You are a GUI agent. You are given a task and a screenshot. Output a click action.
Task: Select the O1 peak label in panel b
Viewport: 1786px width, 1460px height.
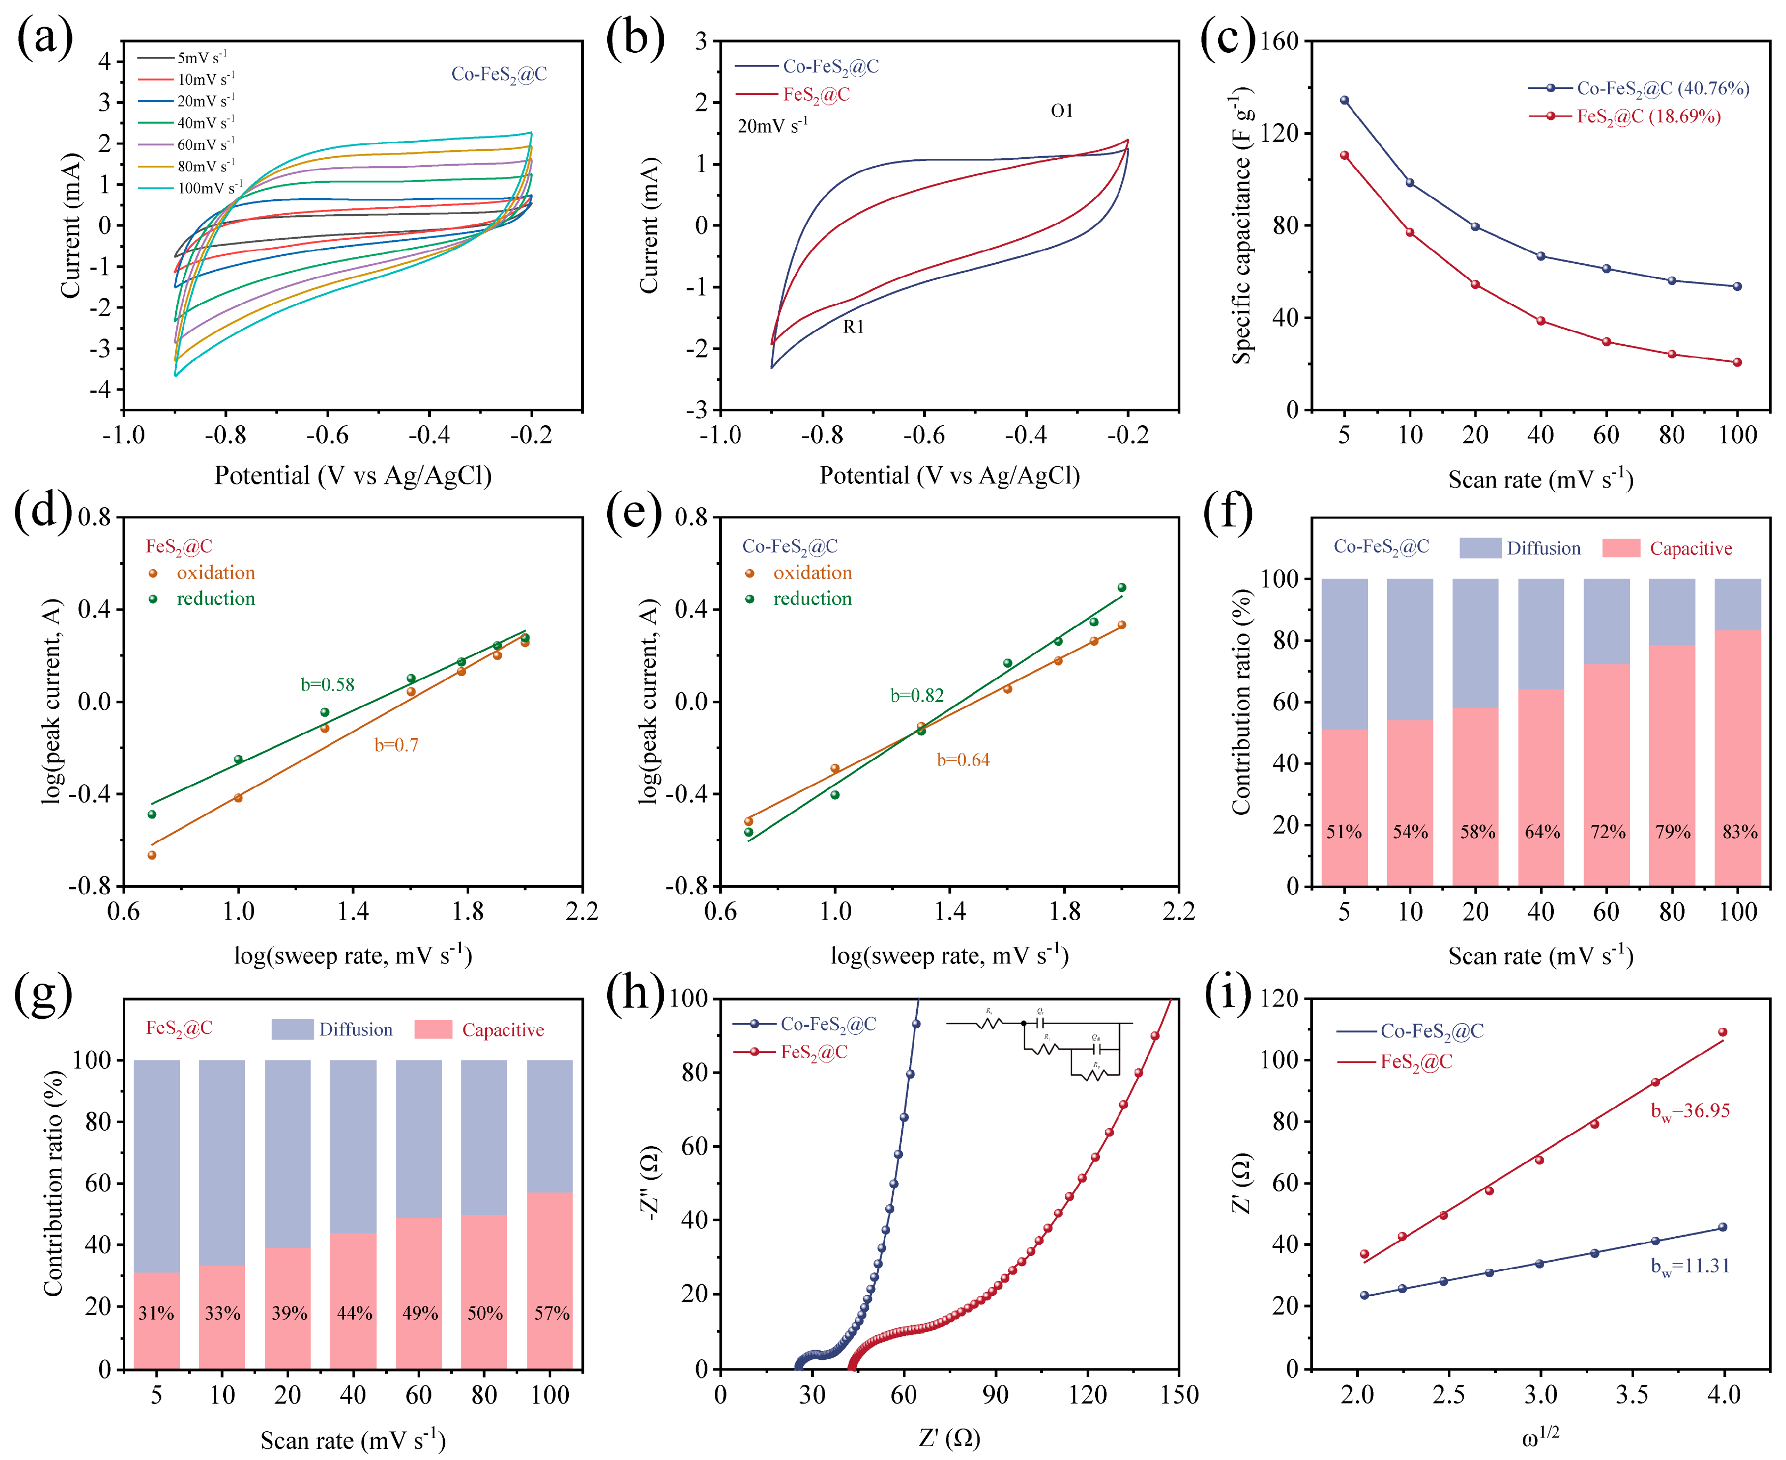1062,111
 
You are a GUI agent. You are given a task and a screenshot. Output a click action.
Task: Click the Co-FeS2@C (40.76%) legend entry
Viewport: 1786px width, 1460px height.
1640,88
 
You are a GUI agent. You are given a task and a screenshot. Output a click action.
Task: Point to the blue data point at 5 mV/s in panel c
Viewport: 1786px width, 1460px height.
1344,100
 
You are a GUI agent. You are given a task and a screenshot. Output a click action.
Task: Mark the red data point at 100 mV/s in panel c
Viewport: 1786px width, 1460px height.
1737,362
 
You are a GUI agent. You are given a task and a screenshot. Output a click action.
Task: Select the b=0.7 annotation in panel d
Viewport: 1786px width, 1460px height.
396,745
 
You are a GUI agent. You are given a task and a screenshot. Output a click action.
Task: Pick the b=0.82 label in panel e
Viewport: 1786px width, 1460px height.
917,695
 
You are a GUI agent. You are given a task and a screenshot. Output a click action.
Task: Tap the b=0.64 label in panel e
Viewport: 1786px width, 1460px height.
963,760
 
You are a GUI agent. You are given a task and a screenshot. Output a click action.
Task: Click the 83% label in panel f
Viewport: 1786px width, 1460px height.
1740,832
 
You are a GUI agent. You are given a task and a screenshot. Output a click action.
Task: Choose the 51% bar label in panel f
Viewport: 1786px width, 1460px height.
1344,832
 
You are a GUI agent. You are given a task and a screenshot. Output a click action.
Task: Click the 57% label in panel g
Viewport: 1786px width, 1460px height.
552,1313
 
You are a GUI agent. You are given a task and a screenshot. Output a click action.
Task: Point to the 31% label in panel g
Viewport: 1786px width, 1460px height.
157,1313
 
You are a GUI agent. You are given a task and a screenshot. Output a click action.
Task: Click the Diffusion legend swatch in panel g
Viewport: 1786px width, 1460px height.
292,1029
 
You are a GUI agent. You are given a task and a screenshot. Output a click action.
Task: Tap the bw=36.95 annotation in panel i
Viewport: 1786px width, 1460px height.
1690,1112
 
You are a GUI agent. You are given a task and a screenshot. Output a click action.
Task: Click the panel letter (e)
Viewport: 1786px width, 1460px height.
635,512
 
